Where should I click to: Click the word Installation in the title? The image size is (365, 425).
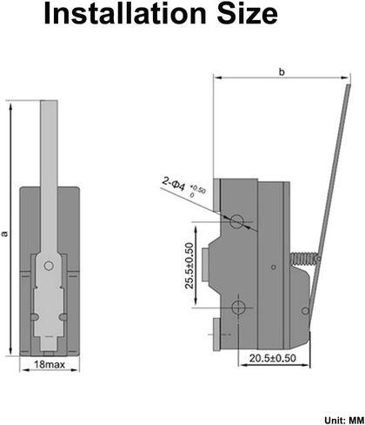pyautogui.click(x=125, y=13)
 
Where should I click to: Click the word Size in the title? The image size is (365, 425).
pyautogui.click(x=248, y=13)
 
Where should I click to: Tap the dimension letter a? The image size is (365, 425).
pyautogui.click(x=4, y=233)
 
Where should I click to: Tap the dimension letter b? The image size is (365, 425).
pyautogui.click(x=282, y=71)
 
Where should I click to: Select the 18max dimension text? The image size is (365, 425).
pyautogui.click(x=50, y=364)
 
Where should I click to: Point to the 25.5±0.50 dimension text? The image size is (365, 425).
pyautogui.click(x=189, y=266)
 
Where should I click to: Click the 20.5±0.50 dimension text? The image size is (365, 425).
pyautogui.click(x=273, y=358)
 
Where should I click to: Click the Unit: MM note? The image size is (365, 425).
pyautogui.click(x=344, y=420)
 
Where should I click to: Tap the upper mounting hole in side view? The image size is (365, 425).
pyautogui.click(x=236, y=222)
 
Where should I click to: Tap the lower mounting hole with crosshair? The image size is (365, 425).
pyautogui.click(x=238, y=307)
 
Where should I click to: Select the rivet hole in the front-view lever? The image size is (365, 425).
pyautogui.click(x=49, y=266)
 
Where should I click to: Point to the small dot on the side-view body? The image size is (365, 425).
pyautogui.click(x=273, y=267)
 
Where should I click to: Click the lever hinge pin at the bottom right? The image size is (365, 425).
pyautogui.click(x=305, y=311)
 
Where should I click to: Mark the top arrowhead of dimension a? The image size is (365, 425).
pyautogui.click(x=11, y=106)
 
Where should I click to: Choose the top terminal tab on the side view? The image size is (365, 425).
pyautogui.click(x=216, y=194)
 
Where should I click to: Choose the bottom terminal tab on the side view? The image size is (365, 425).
pyautogui.click(x=216, y=334)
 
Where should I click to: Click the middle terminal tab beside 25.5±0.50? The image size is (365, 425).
pyautogui.click(x=205, y=265)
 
